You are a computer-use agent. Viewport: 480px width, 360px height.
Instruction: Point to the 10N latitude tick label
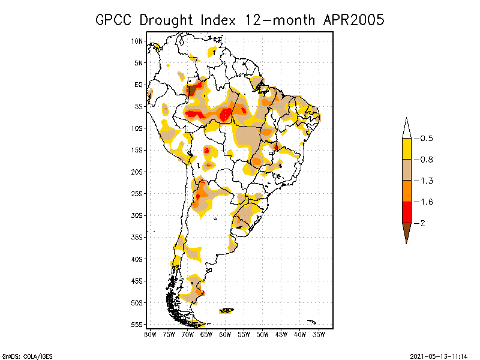point(137,41)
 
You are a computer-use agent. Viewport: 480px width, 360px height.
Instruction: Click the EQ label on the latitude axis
point(139,85)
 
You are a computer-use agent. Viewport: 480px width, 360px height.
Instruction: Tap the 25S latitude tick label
point(137,193)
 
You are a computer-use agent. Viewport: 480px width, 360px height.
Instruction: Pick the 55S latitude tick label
point(137,324)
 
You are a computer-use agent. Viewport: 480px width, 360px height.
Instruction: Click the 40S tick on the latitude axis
point(137,259)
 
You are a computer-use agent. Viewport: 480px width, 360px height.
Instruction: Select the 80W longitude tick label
point(150,334)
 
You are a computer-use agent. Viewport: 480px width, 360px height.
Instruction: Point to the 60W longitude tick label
point(225,334)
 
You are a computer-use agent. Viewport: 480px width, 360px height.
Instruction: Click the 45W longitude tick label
point(281,334)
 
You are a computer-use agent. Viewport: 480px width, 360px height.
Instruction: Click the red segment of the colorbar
point(406,212)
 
